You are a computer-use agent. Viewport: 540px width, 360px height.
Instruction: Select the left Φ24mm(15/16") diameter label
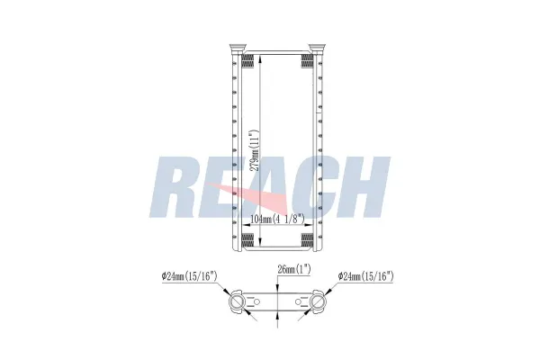point(190,275)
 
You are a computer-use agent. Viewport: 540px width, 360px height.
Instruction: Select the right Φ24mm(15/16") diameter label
point(366,275)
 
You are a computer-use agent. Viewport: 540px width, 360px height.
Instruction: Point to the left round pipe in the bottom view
point(238,302)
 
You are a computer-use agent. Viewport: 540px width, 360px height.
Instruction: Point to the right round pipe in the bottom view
point(319,302)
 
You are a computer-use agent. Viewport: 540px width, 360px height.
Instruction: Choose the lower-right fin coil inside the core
point(308,239)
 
